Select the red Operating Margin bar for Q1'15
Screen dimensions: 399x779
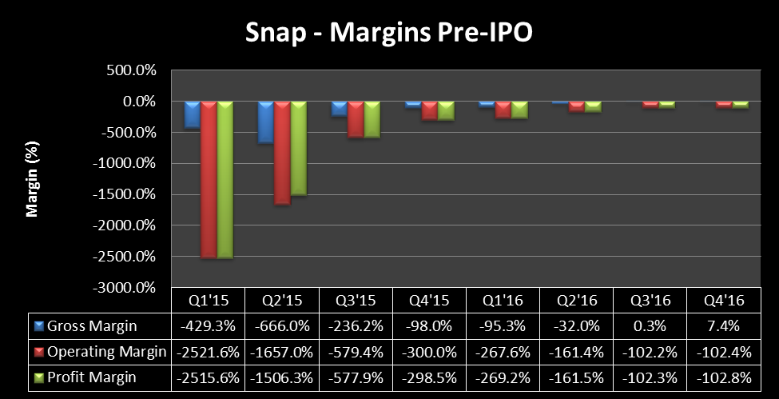tap(209, 180)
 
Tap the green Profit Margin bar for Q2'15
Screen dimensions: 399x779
tap(298, 149)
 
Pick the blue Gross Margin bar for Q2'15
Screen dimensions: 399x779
tap(265, 122)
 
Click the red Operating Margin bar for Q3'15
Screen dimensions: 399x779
tap(356, 120)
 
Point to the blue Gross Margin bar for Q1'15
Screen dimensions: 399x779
tap(192, 114)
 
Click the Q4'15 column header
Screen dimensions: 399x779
tap(429, 302)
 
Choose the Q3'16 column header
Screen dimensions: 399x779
tap(650, 302)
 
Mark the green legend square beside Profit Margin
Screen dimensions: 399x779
tap(38, 377)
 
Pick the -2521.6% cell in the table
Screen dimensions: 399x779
tap(208, 352)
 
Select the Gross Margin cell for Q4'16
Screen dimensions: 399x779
tap(723, 326)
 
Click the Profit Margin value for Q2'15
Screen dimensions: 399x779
tap(281, 377)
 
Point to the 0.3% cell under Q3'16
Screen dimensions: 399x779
tap(650, 326)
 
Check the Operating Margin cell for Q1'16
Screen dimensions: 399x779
tap(503, 352)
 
